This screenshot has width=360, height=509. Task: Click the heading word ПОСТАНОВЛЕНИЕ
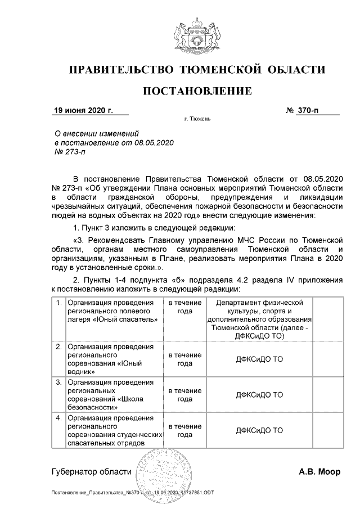click(196, 91)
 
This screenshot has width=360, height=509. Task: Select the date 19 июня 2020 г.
click(83, 110)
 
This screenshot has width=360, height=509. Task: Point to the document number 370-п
click(307, 110)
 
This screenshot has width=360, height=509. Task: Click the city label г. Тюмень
click(197, 120)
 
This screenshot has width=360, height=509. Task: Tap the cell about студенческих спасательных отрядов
click(114, 431)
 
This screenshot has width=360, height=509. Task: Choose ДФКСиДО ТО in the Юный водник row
click(259, 359)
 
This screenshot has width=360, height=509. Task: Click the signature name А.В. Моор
click(319, 472)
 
